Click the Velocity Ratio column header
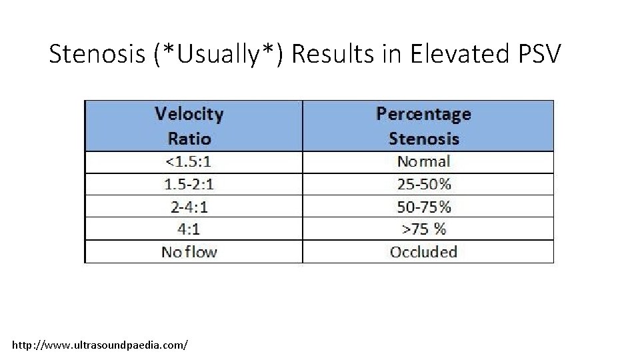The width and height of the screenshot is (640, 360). pos(189,126)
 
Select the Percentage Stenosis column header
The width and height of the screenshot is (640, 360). pos(424,126)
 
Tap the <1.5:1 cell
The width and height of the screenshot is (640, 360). pos(189,162)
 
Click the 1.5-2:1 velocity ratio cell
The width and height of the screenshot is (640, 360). pos(189,184)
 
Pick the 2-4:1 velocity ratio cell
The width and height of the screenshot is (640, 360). pos(189,207)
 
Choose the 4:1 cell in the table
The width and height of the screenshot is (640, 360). pos(189,229)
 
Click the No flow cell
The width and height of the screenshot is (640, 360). pos(189,251)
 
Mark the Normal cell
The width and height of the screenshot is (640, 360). pos(424,162)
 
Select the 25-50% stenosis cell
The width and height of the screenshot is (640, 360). pos(424,184)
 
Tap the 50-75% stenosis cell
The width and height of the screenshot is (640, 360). pos(424,207)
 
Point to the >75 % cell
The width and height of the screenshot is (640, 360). pos(424,229)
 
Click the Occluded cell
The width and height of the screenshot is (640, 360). pos(424,251)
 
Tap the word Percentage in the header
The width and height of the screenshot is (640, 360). pos(424,114)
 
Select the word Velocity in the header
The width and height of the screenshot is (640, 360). pos(189,114)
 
